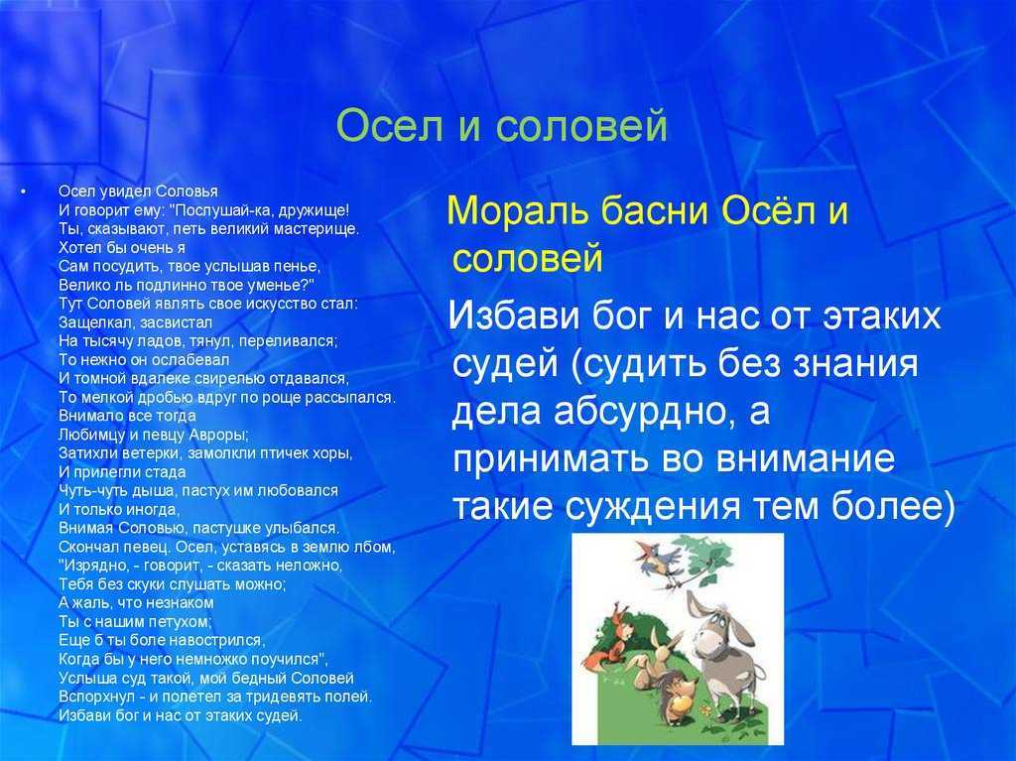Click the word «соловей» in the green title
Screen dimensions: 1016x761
581,126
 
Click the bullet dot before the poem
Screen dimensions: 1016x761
24,191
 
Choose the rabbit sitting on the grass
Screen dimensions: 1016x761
651,661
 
